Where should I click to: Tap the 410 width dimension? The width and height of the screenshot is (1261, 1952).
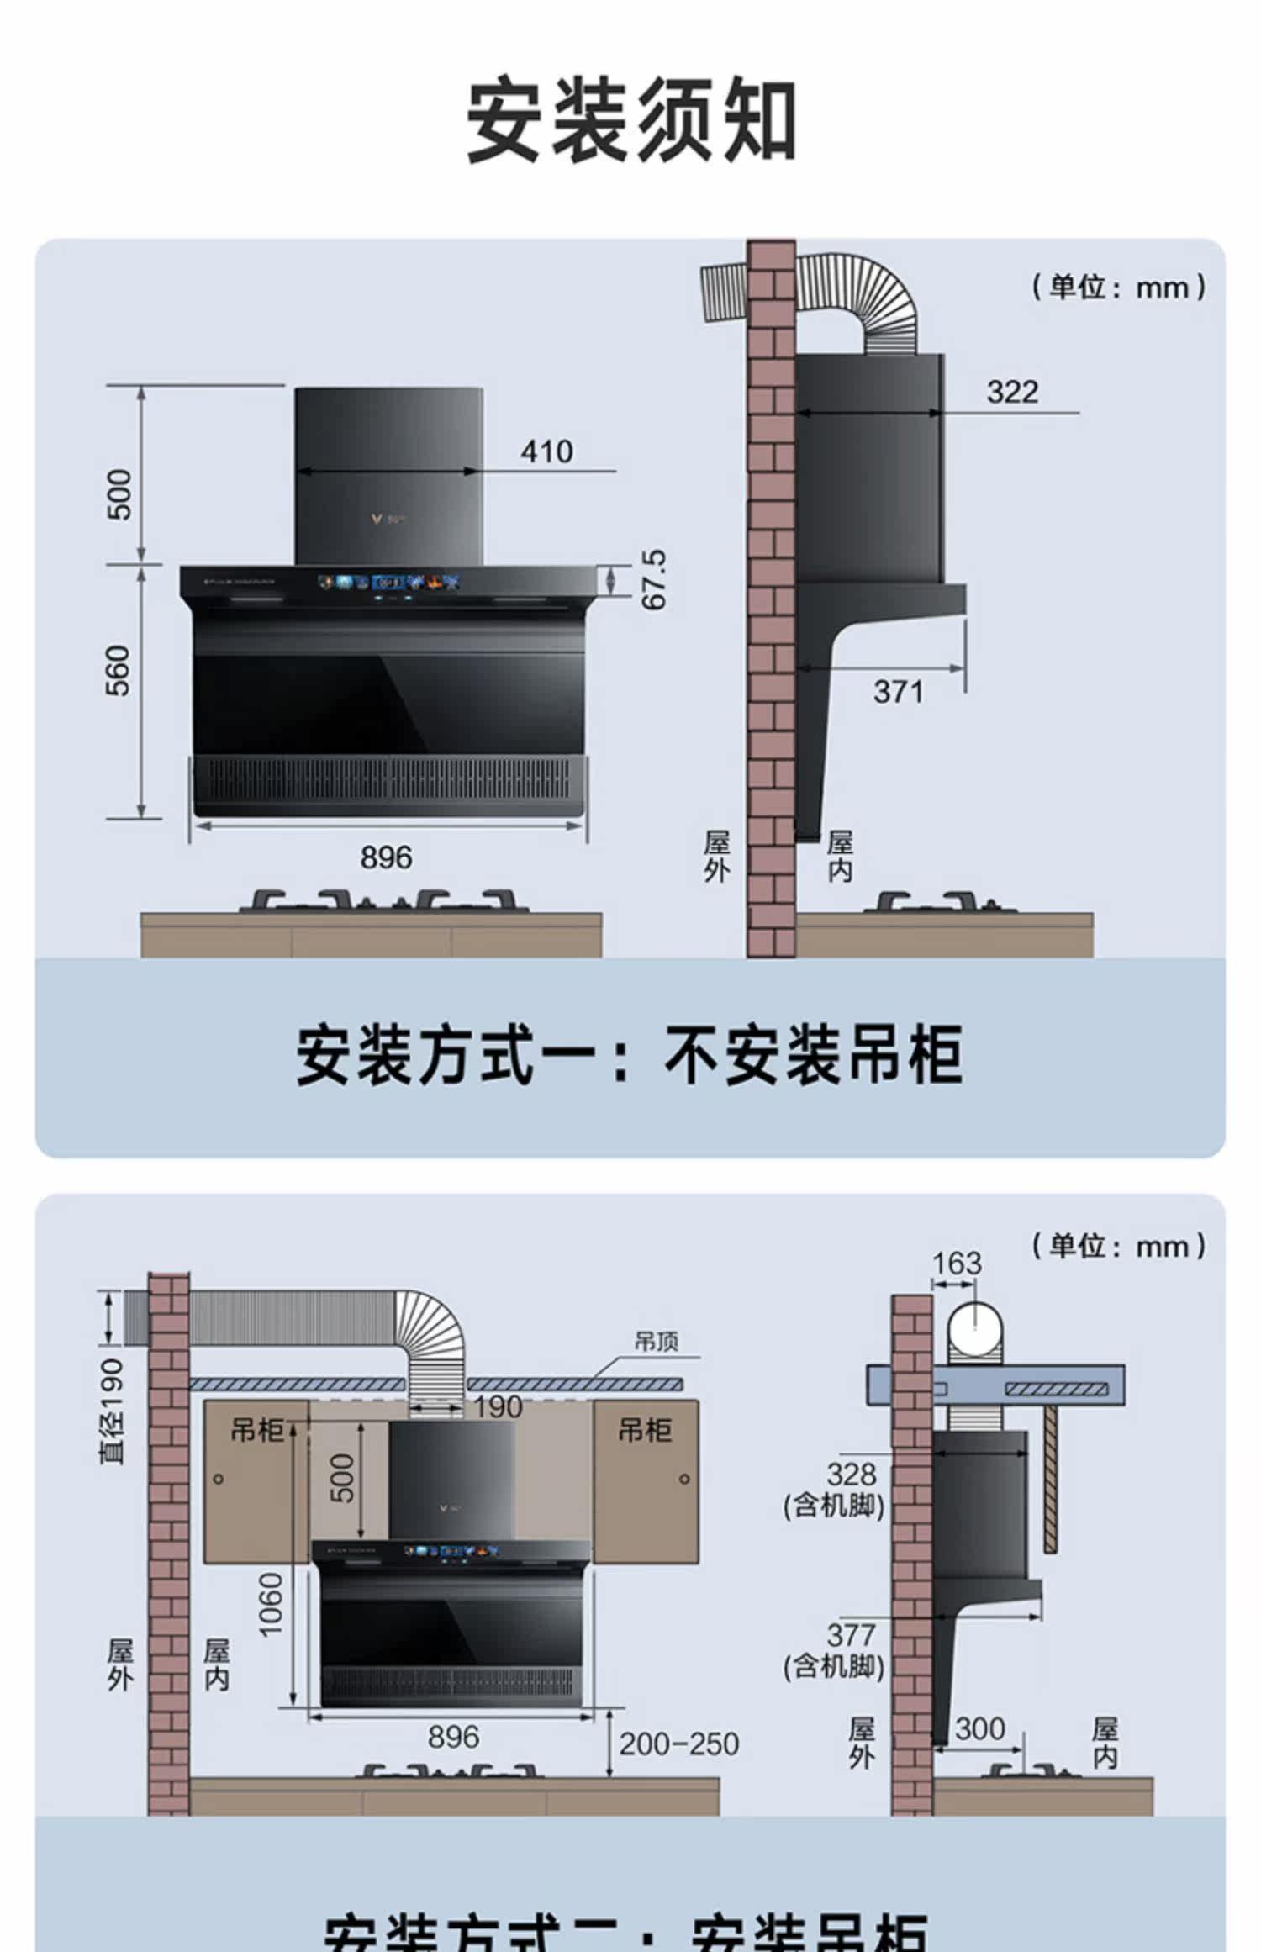click(546, 452)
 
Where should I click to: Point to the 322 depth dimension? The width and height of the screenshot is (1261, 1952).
click(1012, 392)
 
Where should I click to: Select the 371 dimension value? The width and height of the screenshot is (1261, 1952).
click(898, 692)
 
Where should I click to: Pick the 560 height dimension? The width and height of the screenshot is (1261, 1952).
click(119, 671)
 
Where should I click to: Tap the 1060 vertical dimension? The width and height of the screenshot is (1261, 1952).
click(272, 1605)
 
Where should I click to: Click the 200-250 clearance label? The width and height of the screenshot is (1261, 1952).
click(679, 1744)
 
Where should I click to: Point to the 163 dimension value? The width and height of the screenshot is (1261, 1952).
click(957, 1263)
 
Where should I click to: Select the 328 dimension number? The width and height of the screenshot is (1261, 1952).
click(851, 1474)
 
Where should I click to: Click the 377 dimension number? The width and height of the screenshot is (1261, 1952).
click(851, 1635)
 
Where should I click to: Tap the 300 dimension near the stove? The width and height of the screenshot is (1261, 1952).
click(979, 1729)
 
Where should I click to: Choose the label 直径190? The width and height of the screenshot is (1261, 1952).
click(112, 1411)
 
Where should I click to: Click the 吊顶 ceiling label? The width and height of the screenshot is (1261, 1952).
click(656, 1342)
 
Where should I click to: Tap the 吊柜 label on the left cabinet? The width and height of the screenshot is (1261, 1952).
click(257, 1430)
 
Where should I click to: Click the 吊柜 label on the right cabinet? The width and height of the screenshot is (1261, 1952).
click(645, 1430)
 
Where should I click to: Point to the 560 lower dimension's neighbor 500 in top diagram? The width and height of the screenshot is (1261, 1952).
click(119, 494)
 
